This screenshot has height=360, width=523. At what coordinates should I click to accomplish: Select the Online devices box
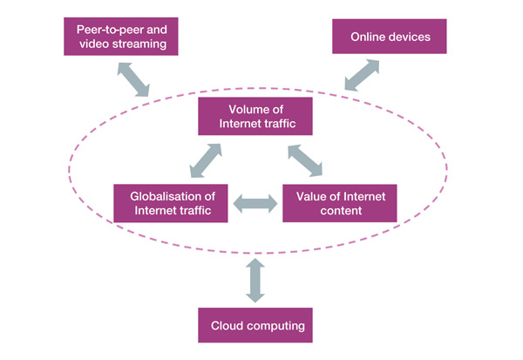[389, 37]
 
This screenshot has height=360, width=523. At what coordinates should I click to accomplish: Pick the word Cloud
[228, 325]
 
